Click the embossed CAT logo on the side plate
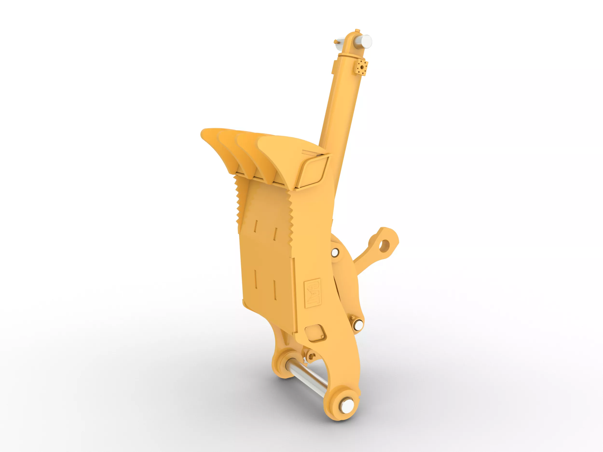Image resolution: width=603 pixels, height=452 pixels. click(312, 293)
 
